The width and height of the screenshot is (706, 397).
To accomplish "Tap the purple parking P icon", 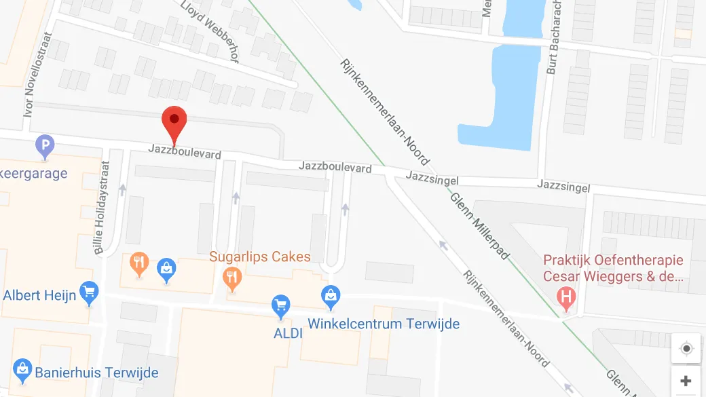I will coord(45,145).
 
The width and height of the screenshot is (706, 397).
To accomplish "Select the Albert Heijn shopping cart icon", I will coord(88,293).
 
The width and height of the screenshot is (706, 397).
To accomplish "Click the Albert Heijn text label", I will coord(39,295).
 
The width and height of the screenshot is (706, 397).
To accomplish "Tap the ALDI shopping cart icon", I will coord(280,305).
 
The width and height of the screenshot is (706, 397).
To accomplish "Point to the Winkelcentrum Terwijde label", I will coord(384,323).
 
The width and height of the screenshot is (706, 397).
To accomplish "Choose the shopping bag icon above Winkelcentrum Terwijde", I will coord(330,297).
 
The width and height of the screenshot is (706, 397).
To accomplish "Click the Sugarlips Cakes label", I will coord(260,257).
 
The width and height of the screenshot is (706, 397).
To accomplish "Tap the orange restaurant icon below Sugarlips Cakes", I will coord(232,278).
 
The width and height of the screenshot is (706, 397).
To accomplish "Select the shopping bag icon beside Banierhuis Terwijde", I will coord(22,370).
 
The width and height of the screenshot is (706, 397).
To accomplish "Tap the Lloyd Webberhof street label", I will coord(210,31).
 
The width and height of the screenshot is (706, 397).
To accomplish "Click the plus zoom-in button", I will coord(686,381).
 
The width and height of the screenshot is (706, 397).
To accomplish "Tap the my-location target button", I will coord(686,349).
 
